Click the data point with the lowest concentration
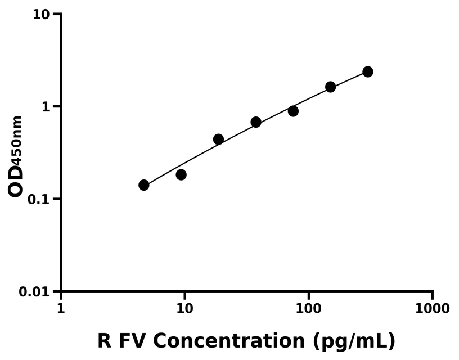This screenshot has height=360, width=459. coord(144,185)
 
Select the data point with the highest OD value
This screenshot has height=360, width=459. coord(368,71)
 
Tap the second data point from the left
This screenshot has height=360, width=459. coord(181,175)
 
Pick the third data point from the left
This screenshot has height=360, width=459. coord(219,139)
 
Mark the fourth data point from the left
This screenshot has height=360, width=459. coord(256,122)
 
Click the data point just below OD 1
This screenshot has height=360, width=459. coord(293,111)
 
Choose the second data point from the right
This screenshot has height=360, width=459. coord(331,87)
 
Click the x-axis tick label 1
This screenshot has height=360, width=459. coord(61,308)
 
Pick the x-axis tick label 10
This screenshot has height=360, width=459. coord(184,308)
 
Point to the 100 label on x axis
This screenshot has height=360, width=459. coord(308,308)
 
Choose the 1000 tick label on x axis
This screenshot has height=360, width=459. coord(432,308)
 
